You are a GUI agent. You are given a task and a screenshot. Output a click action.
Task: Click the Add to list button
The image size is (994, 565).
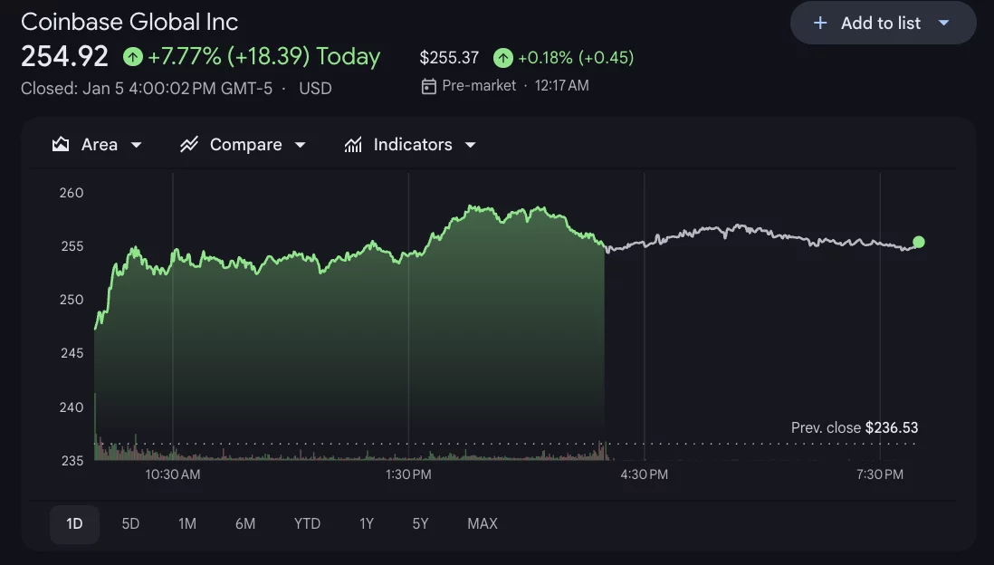pyautogui.click(x=883, y=24)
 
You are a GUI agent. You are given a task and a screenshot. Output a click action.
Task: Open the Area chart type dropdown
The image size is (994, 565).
pyautogui.click(x=98, y=145)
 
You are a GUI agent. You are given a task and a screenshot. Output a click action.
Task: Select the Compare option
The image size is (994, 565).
pyautogui.click(x=244, y=145)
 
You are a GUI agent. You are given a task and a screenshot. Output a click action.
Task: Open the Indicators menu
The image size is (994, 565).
pyautogui.click(x=411, y=145)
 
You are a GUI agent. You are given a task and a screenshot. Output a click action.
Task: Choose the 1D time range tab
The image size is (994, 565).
pyautogui.click(x=74, y=523)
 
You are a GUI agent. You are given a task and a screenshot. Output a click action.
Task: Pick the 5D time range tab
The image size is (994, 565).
pyautogui.click(x=130, y=523)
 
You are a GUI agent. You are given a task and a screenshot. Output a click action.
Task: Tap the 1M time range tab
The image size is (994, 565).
pyautogui.click(x=187, y=523)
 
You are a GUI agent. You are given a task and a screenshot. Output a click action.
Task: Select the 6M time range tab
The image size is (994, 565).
pyautogui.click(x=245, y=523)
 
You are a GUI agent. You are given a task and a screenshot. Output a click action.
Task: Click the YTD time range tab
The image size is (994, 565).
pyautogui.click(x=308, y=523)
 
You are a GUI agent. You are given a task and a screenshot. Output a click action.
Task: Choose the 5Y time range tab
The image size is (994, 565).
pyautogui.click(x=420, y=523)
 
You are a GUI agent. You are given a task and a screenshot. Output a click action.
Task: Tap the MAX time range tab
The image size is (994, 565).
pyautogui.click(x=483, y=523)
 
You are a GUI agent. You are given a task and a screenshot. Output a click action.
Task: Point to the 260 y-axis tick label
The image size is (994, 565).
pyautogui.click(x=72, y=193)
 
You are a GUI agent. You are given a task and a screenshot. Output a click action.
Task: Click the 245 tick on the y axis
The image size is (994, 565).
pyautogui.click(x=72, y=353)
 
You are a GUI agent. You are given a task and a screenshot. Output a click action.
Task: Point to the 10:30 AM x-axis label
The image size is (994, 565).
pyautogui.click(x=173, y=474)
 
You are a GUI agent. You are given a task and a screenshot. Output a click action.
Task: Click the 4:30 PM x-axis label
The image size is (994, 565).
pyautogui.click(x=645, y=474)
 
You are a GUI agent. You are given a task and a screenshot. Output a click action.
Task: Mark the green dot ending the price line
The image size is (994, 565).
pyautogui.click(x=919, y=242)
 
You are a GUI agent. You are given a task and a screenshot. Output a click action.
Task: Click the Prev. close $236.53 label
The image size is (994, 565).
pyautogui.click(x=854, y=427)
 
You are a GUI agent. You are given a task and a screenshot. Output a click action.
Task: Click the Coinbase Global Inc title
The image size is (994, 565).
pyautogui.click(x=129, y=22)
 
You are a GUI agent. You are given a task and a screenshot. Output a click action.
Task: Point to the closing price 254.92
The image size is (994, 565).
pyautogui.click(x=64, y=57)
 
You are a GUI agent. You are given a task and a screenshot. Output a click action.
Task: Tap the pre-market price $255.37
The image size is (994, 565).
pyautogui.click(x=449, y=58)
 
